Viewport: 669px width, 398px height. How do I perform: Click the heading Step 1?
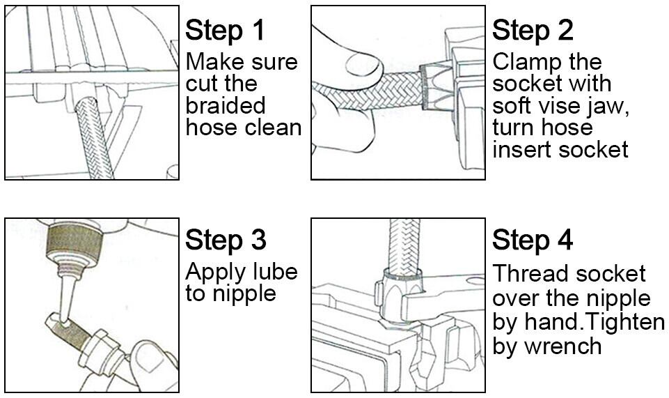tap(225, 31)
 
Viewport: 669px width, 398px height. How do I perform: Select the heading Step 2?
tap(533, 31)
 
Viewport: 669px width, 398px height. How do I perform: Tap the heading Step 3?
tap(226, 240)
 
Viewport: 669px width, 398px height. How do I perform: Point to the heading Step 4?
tap(533, 240)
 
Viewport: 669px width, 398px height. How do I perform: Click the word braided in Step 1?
tap(226, 105)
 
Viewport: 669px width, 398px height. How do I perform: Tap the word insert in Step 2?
tap(522, 149)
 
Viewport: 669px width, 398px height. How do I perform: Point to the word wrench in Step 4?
tap(562, 346)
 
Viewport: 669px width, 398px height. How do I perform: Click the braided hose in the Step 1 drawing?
tap(94, 137)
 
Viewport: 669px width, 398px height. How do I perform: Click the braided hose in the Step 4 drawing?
tap(402, 247)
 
